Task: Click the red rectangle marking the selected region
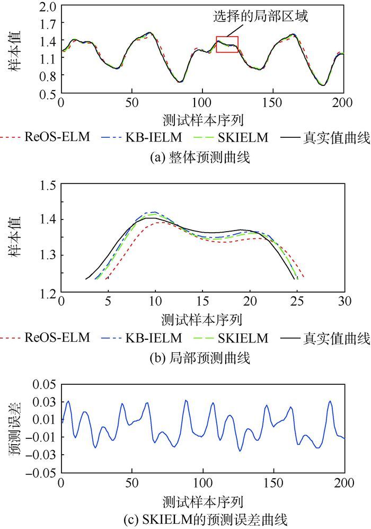pyautogui.click(x=227, y=45)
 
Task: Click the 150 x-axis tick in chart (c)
pyautogui.click(x=273, y=483)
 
